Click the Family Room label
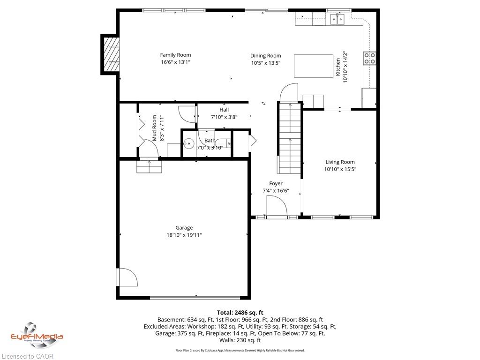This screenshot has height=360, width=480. click(175, 55)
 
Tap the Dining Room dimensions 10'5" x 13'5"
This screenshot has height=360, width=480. click(266, 63)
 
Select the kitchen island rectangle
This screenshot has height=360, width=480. click(314, 66)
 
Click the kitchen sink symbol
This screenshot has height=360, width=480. click(337, 19)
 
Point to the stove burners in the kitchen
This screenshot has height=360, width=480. click(369, 58)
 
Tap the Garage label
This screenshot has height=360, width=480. click(184, 228)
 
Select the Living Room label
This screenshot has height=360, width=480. click(340, 162)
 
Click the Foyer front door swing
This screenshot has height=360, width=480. click(277, 206)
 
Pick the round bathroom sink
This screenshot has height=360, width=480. click(188, 143)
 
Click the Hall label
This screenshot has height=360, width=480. click(224, 110)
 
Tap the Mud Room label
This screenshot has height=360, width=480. click(154, 128)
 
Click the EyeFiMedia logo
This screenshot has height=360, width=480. click(37, 335)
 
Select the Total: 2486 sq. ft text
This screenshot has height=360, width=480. click(240, 313)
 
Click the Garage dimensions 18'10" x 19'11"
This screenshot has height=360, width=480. click(184, 235)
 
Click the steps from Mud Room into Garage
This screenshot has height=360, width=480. click(149, 166)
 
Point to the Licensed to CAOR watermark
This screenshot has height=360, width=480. click(27, 356)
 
